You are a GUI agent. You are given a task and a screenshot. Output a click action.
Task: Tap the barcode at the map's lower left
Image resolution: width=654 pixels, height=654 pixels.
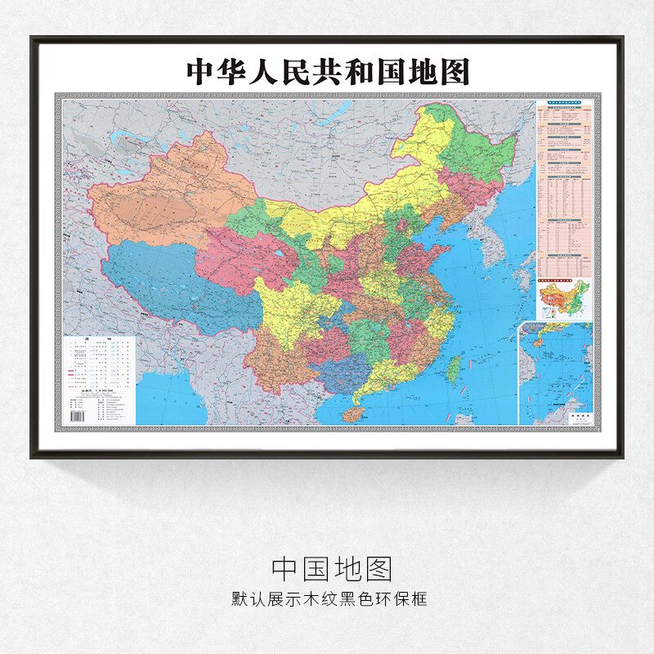(78, 416)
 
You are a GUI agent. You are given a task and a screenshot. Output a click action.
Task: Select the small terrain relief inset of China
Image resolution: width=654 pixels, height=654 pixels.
(565, 299)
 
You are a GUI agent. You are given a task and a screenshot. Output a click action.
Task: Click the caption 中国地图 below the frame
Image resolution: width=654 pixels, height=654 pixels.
(332, 568)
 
